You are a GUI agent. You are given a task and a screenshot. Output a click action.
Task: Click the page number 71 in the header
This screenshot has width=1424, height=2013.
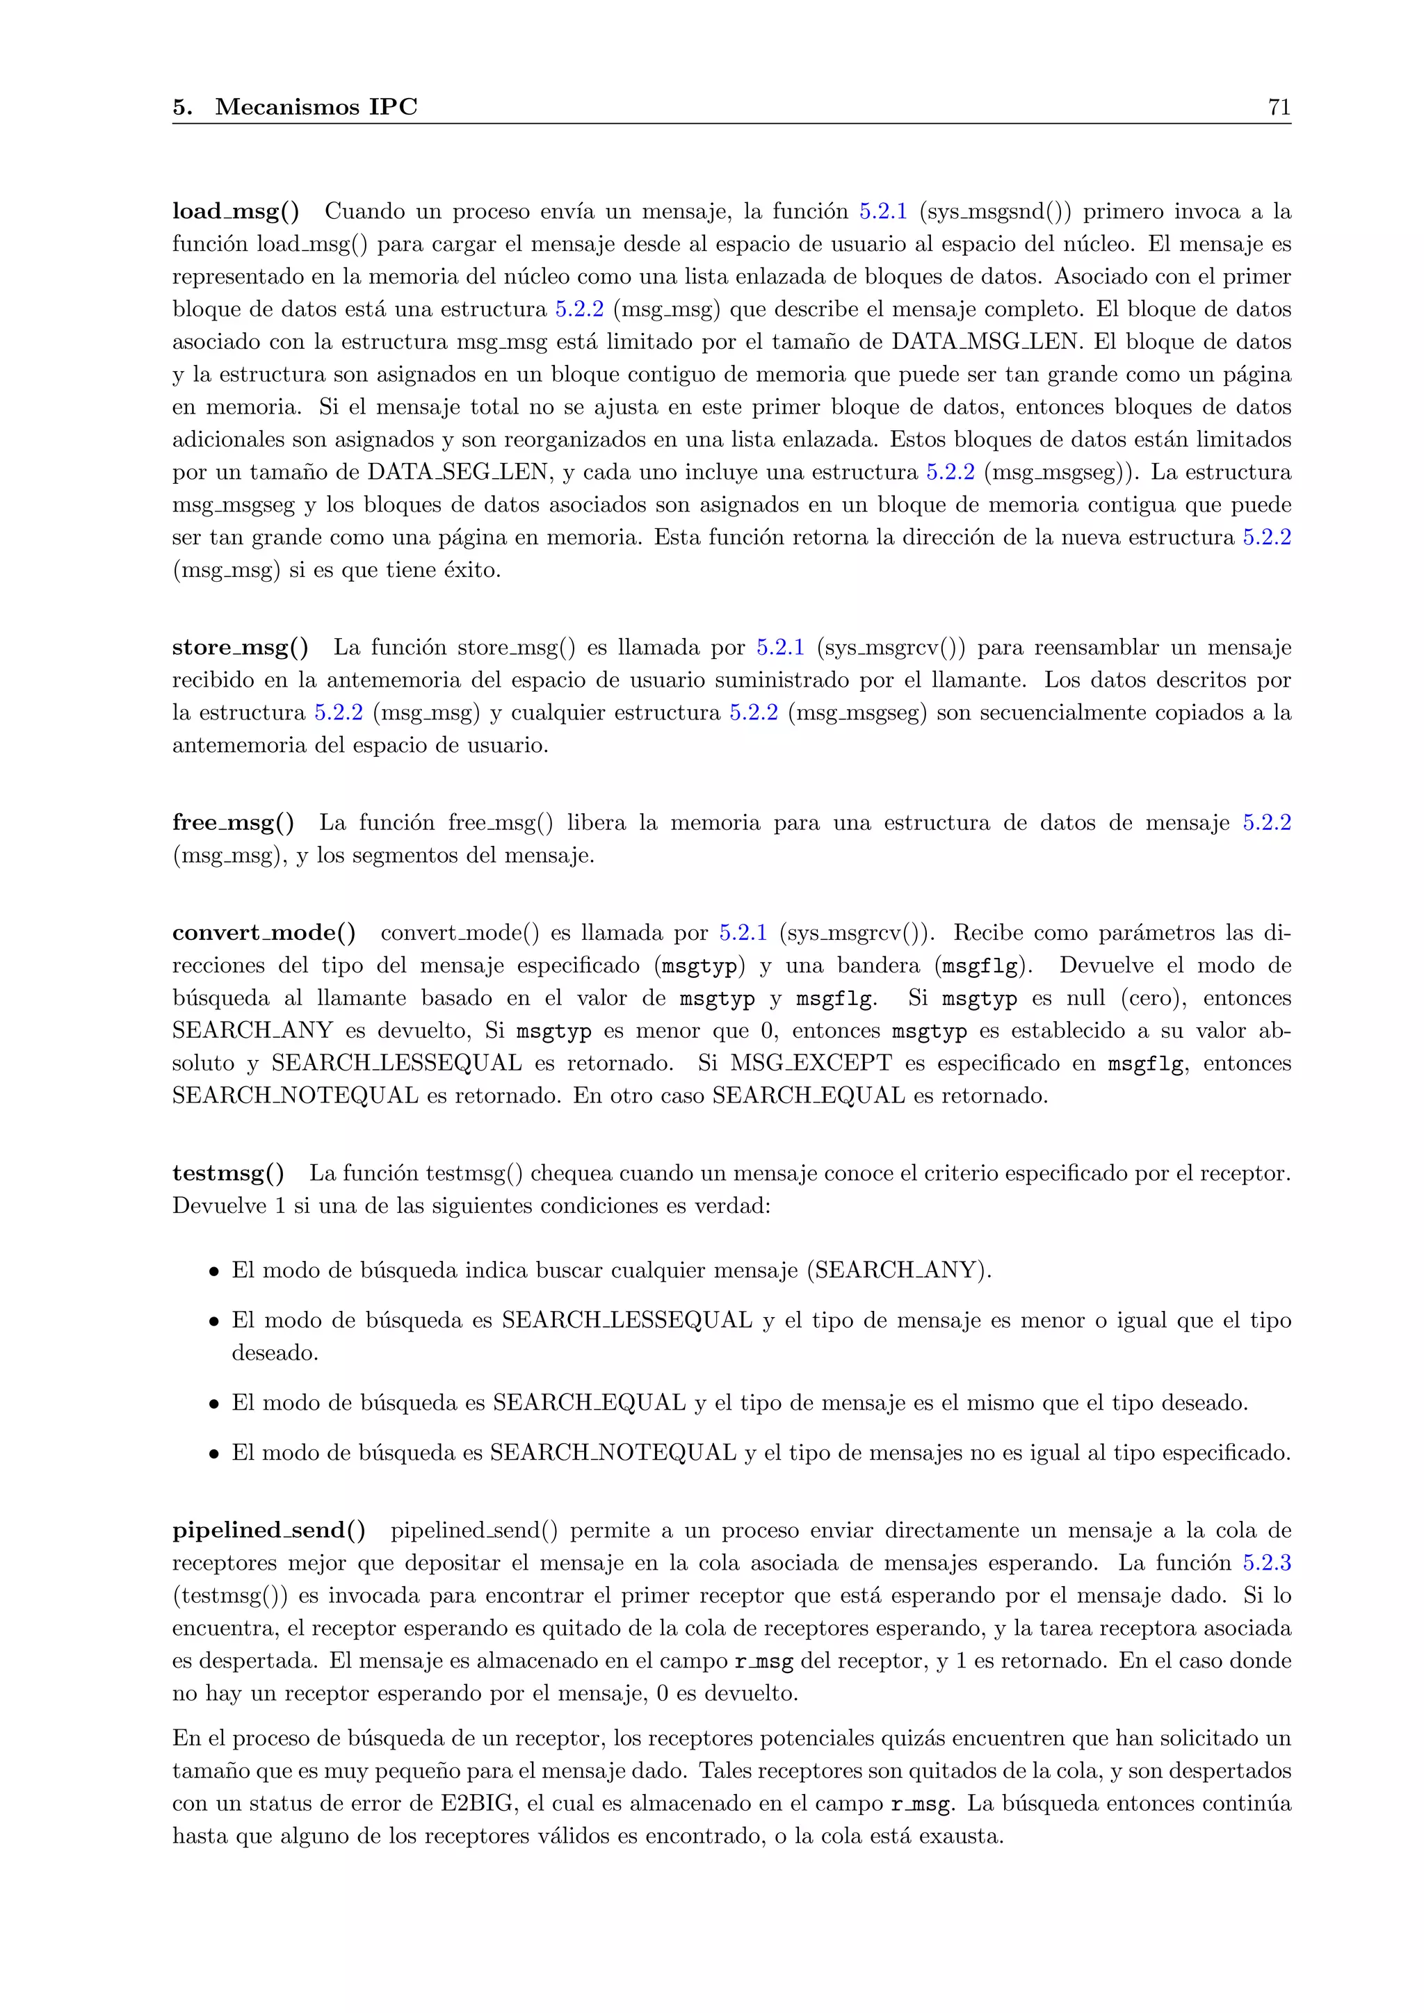coord(1279,107)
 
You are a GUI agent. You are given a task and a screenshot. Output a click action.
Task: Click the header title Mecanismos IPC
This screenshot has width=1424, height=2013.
coord(316,107)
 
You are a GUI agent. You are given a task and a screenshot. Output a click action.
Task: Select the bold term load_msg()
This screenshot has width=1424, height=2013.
coord(235,211)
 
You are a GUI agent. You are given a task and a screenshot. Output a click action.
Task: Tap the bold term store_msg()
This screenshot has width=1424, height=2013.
coord(241,648)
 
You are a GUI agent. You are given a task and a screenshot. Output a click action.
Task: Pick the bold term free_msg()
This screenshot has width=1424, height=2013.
coord(233,823)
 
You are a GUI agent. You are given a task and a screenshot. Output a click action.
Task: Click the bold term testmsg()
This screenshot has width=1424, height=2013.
coord(228,1174)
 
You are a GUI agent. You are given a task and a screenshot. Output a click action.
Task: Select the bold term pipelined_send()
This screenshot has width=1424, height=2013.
coord(268,1531)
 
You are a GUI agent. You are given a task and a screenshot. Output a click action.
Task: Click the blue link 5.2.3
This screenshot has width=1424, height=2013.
coord(1266,1563)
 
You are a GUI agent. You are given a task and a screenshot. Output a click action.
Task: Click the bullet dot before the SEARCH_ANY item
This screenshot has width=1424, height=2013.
coord(213,1272)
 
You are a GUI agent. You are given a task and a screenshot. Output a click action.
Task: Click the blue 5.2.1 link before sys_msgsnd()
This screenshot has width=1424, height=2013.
coord(883,211)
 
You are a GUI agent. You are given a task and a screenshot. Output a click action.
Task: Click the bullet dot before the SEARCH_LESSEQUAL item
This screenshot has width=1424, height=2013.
coord(213,1322)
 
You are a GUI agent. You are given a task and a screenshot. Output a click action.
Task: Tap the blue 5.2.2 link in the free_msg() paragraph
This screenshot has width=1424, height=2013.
coord(1266,823)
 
